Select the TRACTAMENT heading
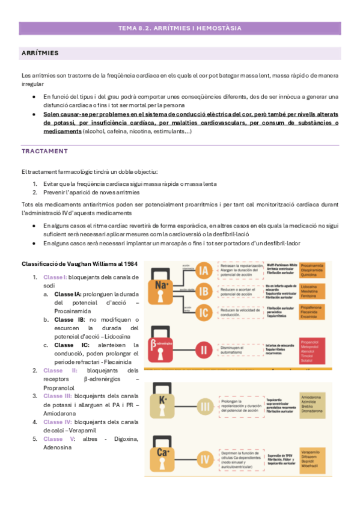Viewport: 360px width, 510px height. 44,151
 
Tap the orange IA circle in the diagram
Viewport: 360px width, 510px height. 204,271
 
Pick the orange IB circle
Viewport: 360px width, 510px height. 204,292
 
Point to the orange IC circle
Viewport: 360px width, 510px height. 204,313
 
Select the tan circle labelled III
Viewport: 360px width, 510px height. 204,408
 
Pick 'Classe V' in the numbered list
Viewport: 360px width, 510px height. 58,439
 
